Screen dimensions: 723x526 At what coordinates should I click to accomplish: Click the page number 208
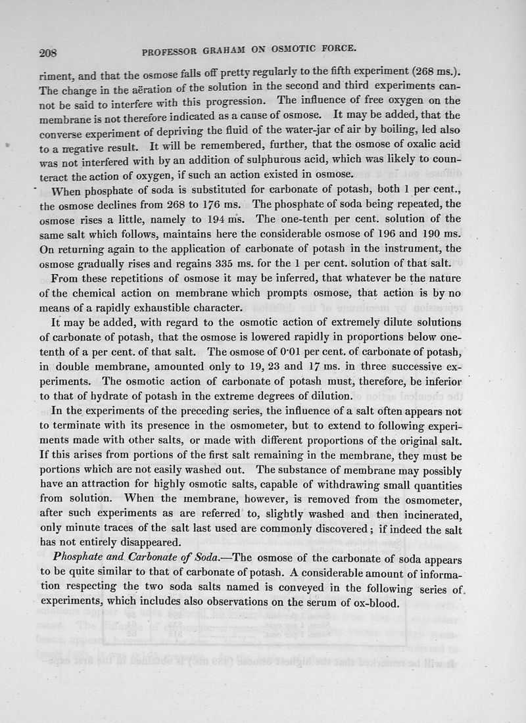[x=50, y=50]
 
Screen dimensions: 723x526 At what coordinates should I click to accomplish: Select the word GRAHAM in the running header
[x=247, y=49]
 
